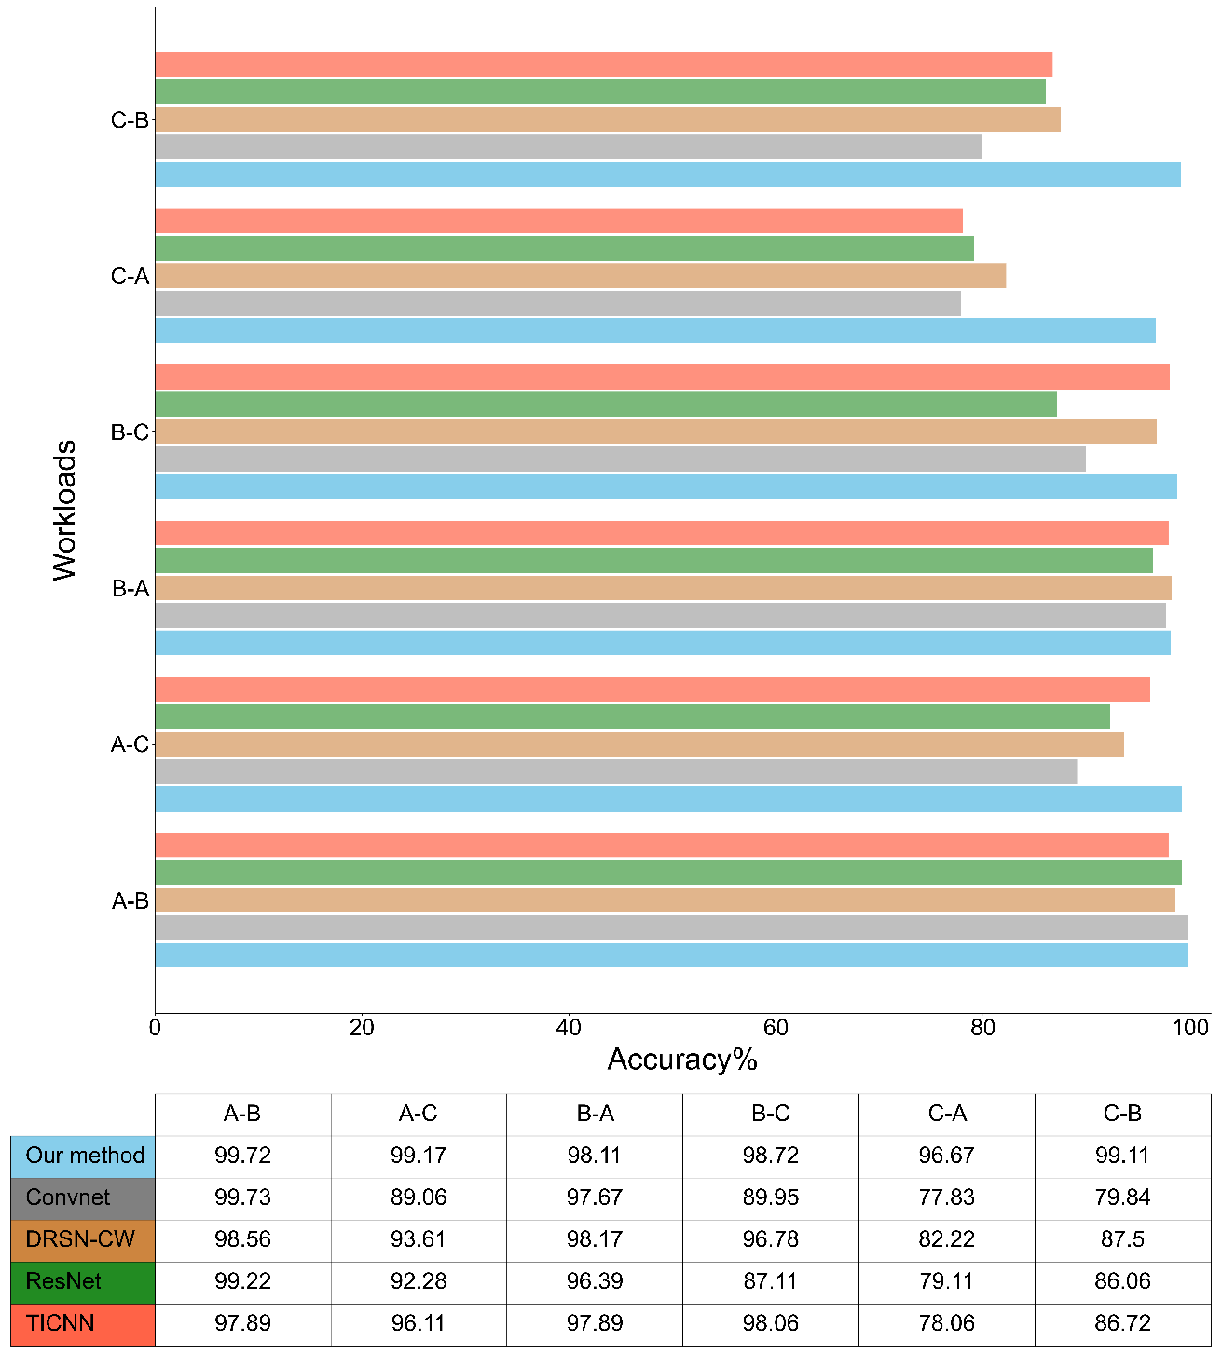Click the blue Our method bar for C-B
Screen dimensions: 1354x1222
click(667, 175)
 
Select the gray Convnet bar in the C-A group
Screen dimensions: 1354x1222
click(557, 304)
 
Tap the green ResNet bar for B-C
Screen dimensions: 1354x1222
click(606, 404)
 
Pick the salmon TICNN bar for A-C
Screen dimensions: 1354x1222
click(652, 690)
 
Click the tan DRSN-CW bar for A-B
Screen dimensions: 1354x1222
click(665, 900)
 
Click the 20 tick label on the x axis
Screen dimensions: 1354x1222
click(362, 1028)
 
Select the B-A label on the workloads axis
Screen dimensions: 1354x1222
click(130, 589)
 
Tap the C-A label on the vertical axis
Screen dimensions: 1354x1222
click(130, 277)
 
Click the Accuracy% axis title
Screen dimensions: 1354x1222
click(682, 1060)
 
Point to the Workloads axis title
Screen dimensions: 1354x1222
click(64, 511)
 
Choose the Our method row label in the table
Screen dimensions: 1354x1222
click(84, 1156)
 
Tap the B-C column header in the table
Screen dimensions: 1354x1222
click(770, 1114)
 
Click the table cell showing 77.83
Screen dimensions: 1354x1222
click(946, 1197)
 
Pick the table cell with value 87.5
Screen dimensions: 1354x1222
click(1122, 1239)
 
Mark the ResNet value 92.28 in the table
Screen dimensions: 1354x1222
click(419, 1281)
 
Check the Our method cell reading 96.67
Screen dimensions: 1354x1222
click(946, 1156)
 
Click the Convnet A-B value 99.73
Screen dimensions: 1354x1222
click(242, 1197)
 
